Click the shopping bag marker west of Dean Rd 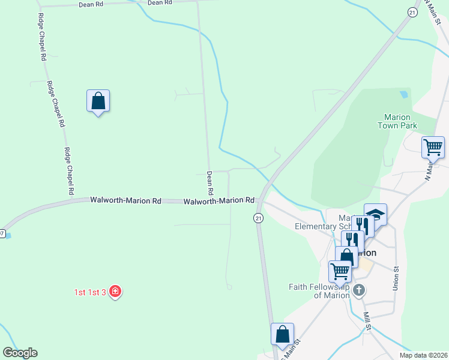pos(98,101)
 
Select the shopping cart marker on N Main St pos(433,146)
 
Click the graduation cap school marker pos(375,215)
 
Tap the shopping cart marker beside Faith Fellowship pos(340,271)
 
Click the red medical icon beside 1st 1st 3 pos(115,292)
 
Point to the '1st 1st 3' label pos(90,292)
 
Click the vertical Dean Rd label pos(210,184)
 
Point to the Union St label pos(396,280)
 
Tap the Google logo pos(20,353)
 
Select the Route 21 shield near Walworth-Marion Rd pos(258,218)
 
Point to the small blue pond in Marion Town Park pos(403,94)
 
